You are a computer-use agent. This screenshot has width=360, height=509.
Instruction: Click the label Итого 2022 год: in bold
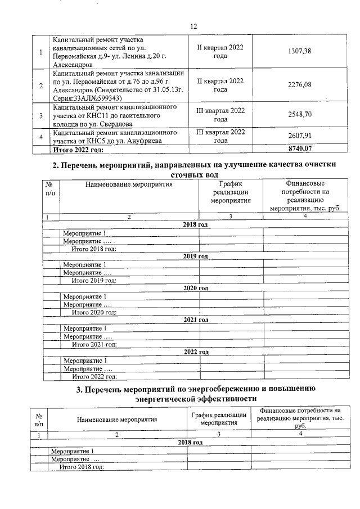(78, 150)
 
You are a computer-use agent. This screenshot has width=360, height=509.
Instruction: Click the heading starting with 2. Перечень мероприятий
(194, 170)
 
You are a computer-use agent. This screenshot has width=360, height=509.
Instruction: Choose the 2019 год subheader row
(195, 256)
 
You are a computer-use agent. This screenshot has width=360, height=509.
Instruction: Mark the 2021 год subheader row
(196, 319)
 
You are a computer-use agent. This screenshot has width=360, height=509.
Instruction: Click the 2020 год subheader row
(196, 288)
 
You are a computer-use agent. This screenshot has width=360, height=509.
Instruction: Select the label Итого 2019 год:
(93, 280)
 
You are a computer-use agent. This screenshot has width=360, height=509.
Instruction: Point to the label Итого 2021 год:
(94, 344)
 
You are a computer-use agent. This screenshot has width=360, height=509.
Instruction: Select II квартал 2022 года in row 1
(220, 52)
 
